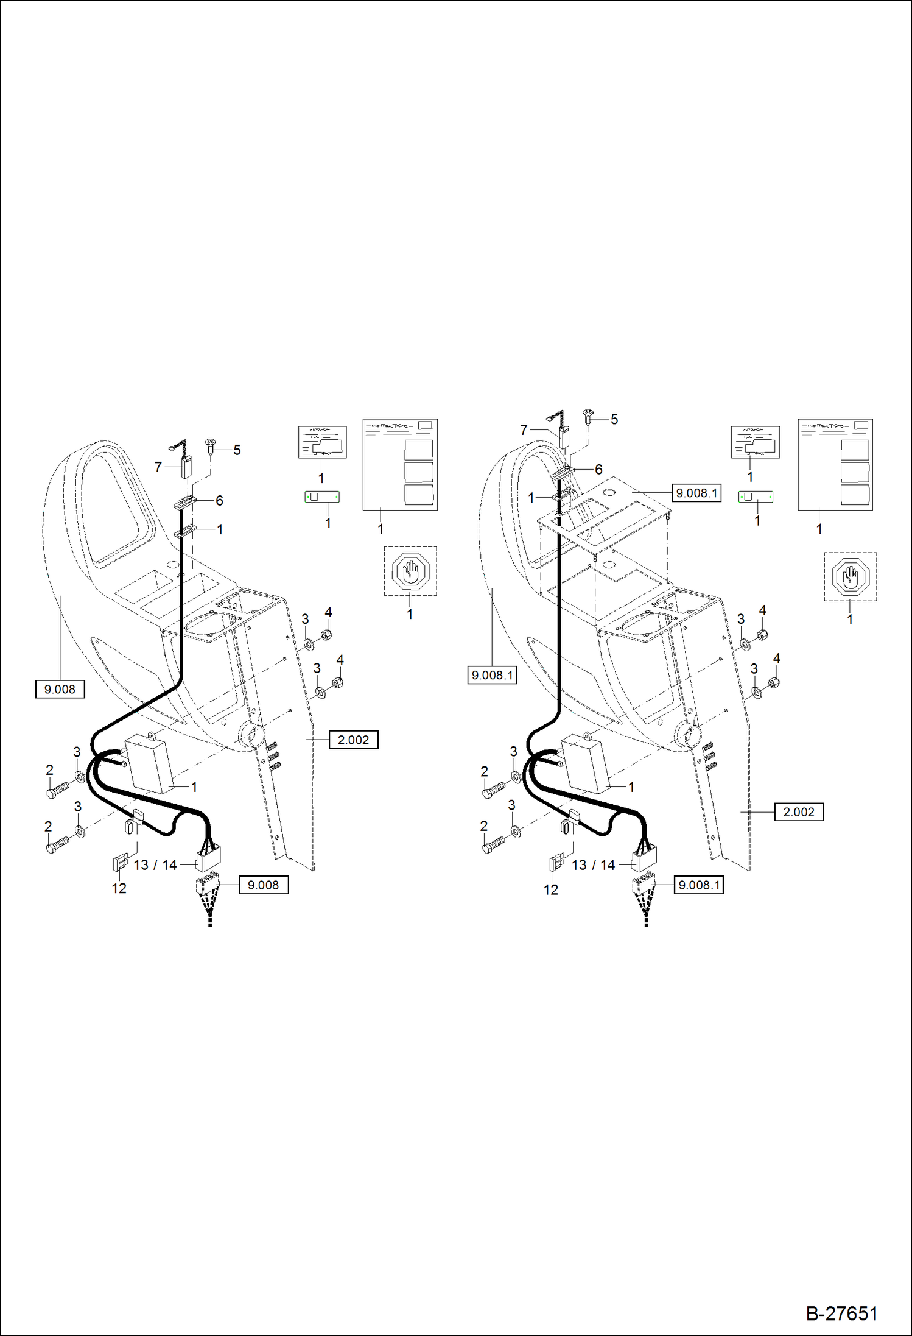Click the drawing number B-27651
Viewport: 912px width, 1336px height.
click(x=841, y=1313)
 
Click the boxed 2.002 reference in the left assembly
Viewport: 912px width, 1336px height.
click(x=353, y=740)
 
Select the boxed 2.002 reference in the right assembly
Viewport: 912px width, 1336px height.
click(x=798, y=811)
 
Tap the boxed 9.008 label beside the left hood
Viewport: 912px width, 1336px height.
click(x=60, y=689)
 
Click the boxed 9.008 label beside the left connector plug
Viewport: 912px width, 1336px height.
click(x=263, y=885)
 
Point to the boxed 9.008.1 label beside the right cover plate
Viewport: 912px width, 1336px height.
click(x=696, y=493)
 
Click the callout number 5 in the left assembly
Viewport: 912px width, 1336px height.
click(x=237, y=450)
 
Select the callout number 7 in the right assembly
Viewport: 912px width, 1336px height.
click(x=524, y=430)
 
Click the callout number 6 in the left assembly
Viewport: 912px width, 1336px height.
click(x=219, y=500)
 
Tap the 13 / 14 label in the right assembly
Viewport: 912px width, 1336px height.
click(x=593, y=864)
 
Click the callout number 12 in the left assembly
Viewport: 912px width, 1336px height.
click(x=119, y=888)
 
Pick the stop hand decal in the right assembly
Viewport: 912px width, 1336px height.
click(x=851, y=576)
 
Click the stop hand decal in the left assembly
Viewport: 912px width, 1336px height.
click(x=411, y=571)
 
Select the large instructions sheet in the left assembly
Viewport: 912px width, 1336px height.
click(x=400, y=464)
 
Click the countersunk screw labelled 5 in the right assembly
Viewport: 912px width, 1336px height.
click(x=588, y=417)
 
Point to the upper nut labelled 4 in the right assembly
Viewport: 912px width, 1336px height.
click(x=762, y=635)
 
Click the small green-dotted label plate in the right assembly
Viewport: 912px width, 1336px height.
click(x=756, y=497)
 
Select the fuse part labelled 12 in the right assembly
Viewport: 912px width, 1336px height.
click(x=556, y=863)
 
